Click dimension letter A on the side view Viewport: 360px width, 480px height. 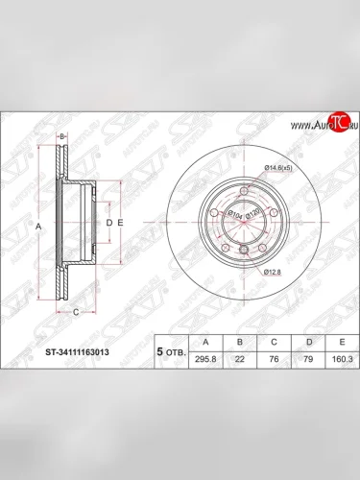38,226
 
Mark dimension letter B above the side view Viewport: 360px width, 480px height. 61,137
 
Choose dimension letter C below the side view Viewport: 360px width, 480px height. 75,311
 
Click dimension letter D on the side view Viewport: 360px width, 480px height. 108,223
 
